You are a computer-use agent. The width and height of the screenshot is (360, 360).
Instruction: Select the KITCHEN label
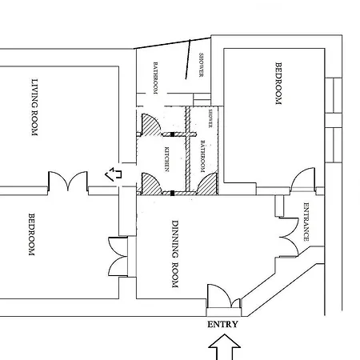coord(167,159)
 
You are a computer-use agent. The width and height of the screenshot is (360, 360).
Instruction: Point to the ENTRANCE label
coord(306,222)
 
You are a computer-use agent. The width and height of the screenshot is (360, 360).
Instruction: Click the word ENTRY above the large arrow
coord(222,325)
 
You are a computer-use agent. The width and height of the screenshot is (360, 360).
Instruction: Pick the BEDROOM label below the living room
coord(32,234)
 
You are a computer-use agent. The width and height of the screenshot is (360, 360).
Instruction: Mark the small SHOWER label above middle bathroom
coord(210,118)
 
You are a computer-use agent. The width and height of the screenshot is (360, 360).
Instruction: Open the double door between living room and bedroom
coord(68,182)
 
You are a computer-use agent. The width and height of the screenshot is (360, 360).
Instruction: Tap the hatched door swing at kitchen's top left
coord(149,124)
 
